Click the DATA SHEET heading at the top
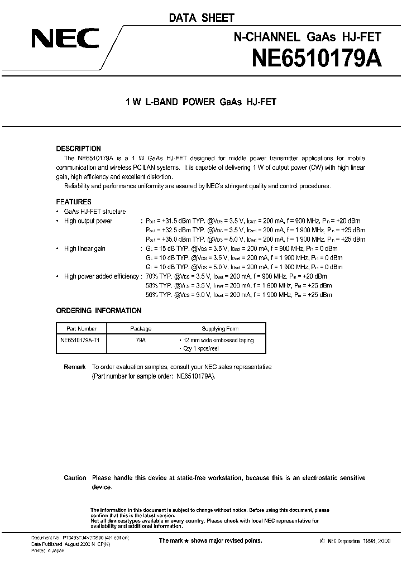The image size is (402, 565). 202,18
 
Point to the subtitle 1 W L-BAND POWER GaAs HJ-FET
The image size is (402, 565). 201,102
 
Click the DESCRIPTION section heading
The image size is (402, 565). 79,149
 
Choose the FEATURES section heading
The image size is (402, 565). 74,202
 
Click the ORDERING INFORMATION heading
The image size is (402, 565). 99,310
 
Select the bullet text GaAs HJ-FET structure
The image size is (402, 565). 95,212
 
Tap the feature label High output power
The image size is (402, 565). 88,221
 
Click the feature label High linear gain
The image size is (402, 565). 85,249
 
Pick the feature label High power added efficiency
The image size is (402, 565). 102,276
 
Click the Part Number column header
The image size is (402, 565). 82,329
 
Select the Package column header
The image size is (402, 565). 141,329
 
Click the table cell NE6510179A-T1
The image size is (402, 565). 83,339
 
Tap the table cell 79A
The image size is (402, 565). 141,339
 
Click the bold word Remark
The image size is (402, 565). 75,367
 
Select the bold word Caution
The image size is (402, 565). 75,478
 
